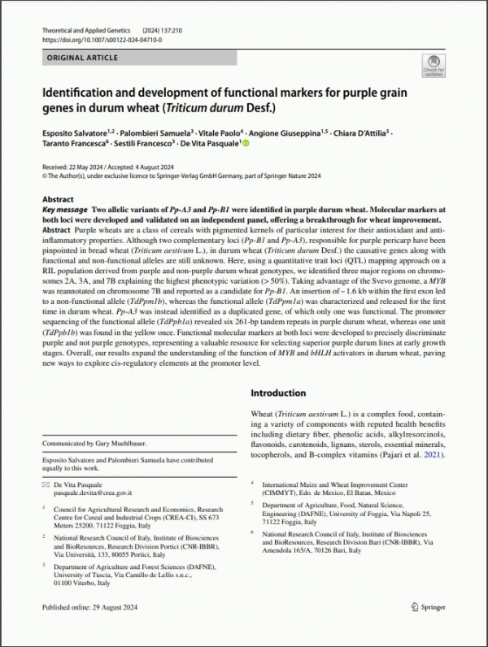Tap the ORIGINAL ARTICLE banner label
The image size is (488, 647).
pyautogui.click(x=82, y=58)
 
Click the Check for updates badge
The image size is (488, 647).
pyautogui.click(x=433, y=66)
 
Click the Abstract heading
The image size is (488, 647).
pyautogui.click(x=58, y=199)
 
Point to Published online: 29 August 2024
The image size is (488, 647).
pyautogui.click(x=96, y=629)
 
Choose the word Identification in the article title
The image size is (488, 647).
pyautogui.click(x=84, y=92)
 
